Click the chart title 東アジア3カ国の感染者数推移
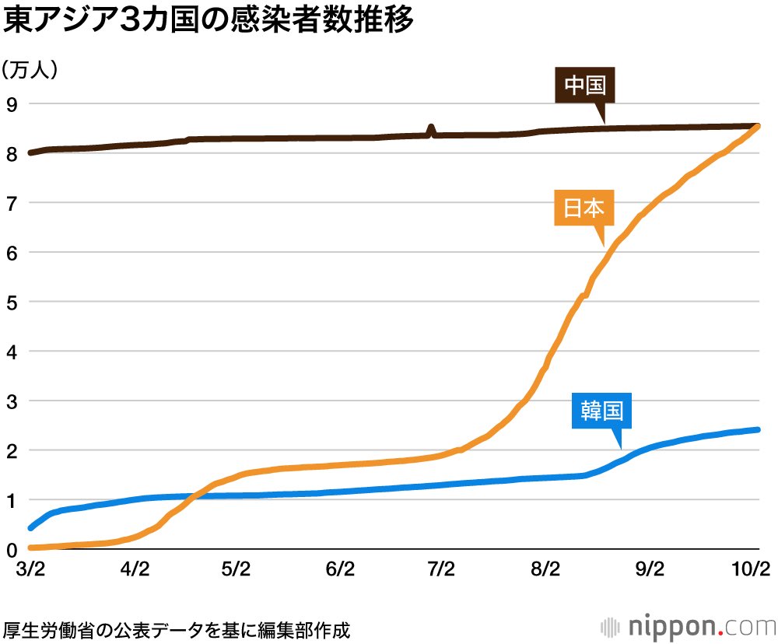click(x=209, y=22)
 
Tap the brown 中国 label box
click(x=585, y=86)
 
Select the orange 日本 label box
click(x=584, y=208)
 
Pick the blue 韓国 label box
click(x=601, y=410)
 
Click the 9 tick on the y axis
click(x=11, y=103)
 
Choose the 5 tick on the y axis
click(x=11, y=302)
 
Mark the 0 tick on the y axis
click(x=11, y=550)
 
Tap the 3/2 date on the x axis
click(x=30, y=570)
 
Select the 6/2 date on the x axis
click(x=340, y=570)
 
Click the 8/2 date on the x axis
click(x=545, y=570)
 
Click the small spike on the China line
click(x=432, y=128)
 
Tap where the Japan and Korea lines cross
click(x=194, y=495)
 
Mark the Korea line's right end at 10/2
click(x=757, y=429)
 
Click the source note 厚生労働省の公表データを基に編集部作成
click(x=177, y=627)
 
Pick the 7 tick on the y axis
click(x=11, y=203)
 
